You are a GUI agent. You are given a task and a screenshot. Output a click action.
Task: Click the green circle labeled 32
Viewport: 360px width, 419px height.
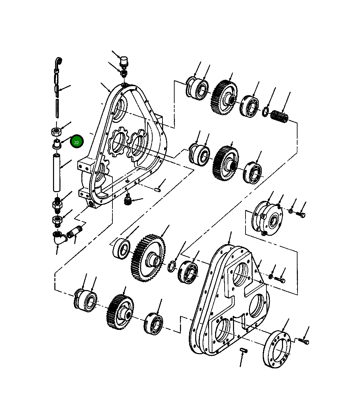(76, 141)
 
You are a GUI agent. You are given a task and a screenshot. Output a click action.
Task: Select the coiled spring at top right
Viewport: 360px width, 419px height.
(279, 116)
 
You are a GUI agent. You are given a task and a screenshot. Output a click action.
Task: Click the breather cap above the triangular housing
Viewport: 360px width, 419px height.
(124, 61)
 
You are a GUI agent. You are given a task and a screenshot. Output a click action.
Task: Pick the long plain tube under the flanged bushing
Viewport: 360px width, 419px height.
(57, 173)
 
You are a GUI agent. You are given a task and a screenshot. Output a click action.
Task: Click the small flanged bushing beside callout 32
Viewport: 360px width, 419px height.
(57, 144)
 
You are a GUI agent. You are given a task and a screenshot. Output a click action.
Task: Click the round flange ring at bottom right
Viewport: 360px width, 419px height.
(277, 348)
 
